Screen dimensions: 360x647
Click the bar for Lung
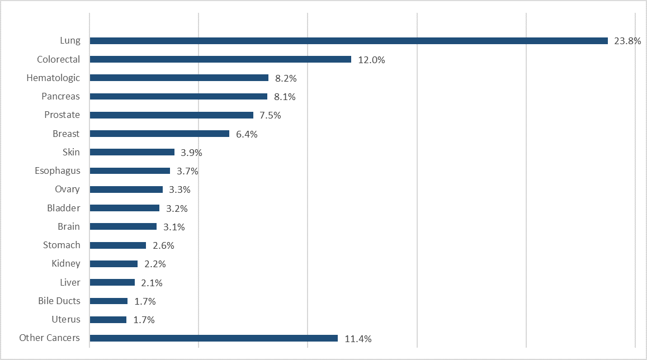348,41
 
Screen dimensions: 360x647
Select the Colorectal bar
220,59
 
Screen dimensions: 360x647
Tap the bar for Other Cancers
214,338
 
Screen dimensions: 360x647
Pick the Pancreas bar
178,96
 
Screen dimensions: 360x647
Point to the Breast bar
159,134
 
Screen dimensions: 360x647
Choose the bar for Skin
132,152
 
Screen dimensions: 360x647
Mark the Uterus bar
108,320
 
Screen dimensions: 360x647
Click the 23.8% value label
627,41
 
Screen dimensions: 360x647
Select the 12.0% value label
371,60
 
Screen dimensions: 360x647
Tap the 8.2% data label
285,78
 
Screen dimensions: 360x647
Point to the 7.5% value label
270,116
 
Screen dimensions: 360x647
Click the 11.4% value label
358,339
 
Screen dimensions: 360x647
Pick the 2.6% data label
163,245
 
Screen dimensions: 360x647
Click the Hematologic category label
53,78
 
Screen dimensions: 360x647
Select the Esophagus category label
57,170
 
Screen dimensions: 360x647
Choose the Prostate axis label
62,115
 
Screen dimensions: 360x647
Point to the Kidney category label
65,263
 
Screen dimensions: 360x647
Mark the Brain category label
69,226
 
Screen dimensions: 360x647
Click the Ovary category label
67,189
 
